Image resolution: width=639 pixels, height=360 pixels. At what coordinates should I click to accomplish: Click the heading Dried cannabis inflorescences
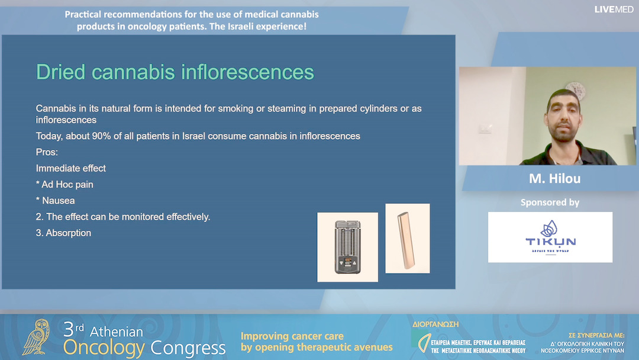tap(175, 72)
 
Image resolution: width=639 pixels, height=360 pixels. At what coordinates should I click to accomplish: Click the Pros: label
tap(48, 152)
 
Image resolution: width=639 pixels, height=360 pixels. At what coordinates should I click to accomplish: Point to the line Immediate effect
tap(71, 168)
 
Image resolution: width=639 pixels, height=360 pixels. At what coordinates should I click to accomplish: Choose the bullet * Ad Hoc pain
tap(64, 185)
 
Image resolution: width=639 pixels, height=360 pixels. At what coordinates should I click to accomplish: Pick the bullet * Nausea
tap(56, 201)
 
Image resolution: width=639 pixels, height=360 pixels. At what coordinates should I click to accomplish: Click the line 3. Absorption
tap(63, 233)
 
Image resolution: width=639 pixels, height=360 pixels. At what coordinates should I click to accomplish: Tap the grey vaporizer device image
tap(347, 247)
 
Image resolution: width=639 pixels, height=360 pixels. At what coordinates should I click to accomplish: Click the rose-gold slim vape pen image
tap(407, 238)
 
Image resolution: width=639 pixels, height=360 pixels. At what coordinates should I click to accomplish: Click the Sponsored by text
tap(550, 202)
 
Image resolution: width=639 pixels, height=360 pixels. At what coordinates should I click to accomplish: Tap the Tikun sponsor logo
tap(550, 237)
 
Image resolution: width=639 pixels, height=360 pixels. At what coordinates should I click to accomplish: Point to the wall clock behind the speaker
tap(575, 90)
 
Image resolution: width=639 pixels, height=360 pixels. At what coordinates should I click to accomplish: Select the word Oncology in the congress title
tap(104, 348)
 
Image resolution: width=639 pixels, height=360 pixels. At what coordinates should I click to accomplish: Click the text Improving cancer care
tap(292, 336)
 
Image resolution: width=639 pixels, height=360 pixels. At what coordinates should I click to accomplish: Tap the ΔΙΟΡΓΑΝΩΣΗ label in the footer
tap(435, 324)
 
